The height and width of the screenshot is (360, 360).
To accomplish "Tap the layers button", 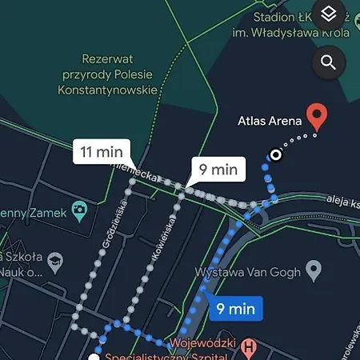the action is tap(328, 15).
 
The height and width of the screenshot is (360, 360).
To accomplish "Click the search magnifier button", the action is tap(328, 62).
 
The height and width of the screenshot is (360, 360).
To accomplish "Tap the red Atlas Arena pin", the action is tap(318, 116).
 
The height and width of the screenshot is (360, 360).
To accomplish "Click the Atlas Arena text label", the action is tap(269, 122).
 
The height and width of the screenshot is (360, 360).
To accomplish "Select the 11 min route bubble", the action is tap(100, 150).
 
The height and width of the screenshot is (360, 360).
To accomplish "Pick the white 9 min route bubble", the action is tap(217, 169).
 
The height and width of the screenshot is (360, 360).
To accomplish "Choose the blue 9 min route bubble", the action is tap(235, 307).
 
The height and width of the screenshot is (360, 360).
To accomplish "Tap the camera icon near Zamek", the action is tap(79, 211).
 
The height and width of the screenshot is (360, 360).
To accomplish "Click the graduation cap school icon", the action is tap(55, 262).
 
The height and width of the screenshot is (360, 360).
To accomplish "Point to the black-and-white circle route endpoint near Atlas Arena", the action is tap(275, 154).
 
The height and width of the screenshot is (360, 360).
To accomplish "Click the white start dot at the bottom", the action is tap(94, 357).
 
